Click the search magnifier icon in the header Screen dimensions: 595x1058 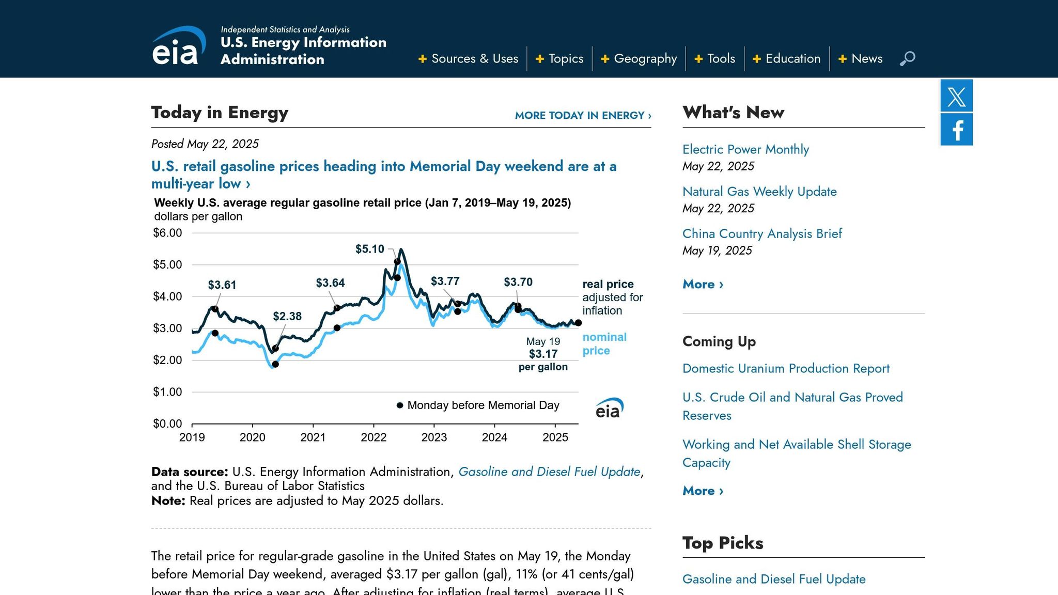(907, 58)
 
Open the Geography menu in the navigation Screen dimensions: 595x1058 (639, 58)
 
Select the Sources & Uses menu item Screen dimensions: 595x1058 (469, 58)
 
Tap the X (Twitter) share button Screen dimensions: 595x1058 (956, 96)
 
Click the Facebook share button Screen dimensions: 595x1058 (956, 130)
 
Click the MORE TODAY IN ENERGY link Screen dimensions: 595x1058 (583, 115)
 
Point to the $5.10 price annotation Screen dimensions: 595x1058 (369, 249)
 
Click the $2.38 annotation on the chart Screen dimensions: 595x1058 (287, 316)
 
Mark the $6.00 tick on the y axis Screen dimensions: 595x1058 (167, 233)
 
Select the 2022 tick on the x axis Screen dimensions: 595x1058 (374, 437)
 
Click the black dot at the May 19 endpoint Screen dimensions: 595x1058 (578, 323)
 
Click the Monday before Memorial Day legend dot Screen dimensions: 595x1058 (400, 405)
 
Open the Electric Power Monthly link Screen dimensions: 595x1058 (745, 149)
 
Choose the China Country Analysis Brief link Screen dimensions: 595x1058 (762, 233)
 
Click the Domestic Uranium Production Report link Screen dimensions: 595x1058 (786, 368)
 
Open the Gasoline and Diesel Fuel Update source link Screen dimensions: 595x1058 (549, 472)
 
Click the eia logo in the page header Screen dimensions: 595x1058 (178, 46)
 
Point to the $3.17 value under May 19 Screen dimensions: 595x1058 (543, 354)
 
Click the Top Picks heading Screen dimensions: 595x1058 (722, 543)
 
